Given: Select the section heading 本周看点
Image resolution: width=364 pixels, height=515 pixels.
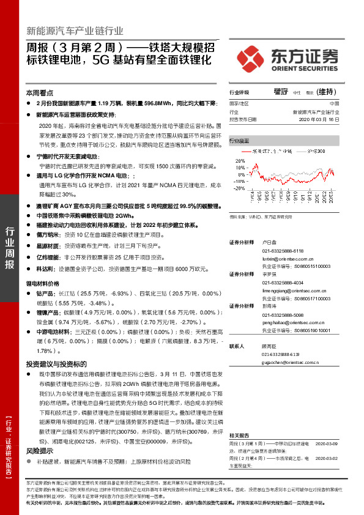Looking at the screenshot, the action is (x=38, y=93).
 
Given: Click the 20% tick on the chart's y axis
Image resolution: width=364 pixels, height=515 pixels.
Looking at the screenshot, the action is (x=240, y=161).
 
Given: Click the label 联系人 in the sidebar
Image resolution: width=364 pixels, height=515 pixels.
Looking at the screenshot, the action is (x=237, y=346).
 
